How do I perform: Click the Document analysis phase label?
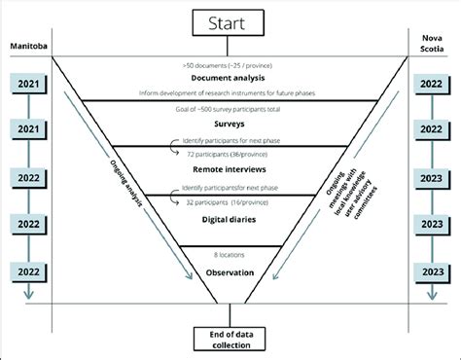[230, 78]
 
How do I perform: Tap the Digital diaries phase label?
[230, 222]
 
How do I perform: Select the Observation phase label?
[230, 272]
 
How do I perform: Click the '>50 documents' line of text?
[230, 63]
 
